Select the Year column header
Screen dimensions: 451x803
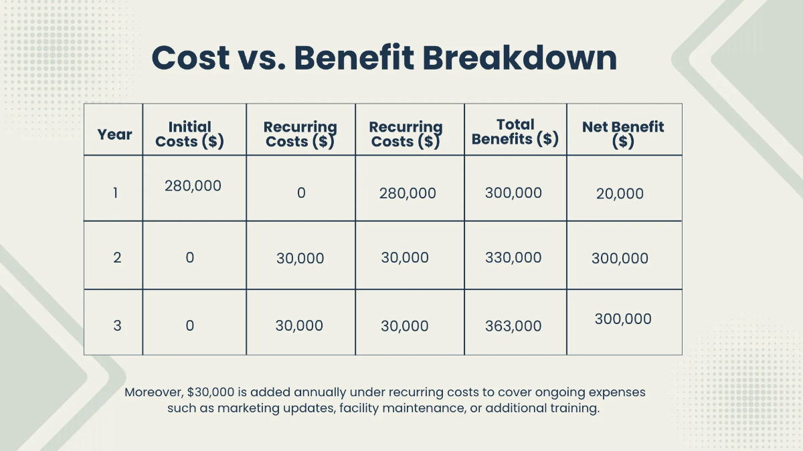(x=114, y=134)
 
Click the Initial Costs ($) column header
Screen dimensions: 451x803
(x=189, y=134)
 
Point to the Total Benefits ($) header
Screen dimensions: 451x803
(x=515, y=132)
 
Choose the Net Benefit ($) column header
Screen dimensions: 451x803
(x=623, y=134)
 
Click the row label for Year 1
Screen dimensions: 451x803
(x=115, y=193)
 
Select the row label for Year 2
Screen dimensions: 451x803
(x=117, y=257)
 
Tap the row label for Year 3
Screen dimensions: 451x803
(x=117, y=325)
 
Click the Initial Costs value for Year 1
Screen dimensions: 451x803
(x=193, y=186)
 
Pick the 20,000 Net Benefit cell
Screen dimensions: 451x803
(x=620, y=194)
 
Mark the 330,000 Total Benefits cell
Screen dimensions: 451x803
(x=513, y=257)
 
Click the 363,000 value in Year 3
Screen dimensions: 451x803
(x=513, y=326)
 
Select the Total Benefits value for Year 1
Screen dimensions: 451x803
(x=513, y=193)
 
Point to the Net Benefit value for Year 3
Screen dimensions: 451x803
(x=623, y=319)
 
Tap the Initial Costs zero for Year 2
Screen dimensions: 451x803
(x=190, y=257)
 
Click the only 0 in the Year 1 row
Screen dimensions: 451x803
(x=301, y=193)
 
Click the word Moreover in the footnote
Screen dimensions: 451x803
(x=154, y=392)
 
